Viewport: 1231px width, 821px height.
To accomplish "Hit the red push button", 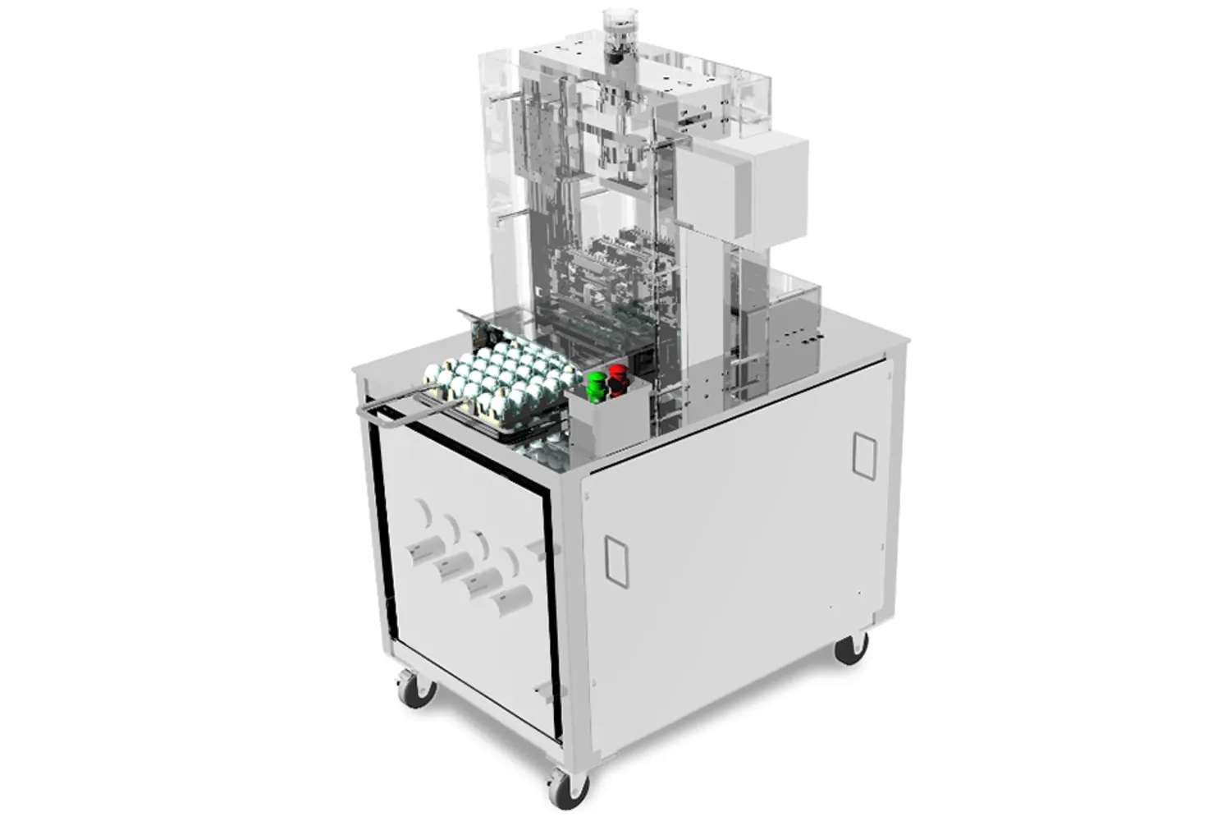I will coord(616,380).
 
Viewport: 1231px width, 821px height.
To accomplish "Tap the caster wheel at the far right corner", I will coord(850,648).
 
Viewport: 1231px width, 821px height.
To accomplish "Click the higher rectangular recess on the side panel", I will coord(864,455).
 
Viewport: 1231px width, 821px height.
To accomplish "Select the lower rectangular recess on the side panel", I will coord(615,562).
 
